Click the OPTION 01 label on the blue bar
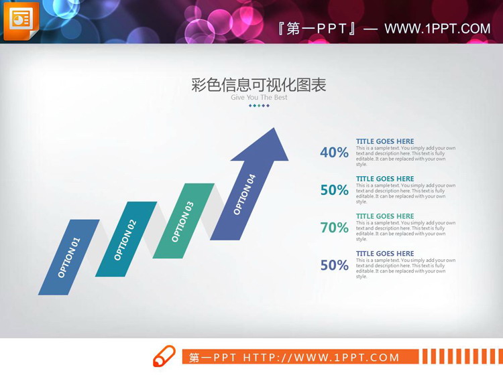pyautogui.click(x=68, y=258)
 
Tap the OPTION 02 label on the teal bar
pyautogui.click(x=125, y=240)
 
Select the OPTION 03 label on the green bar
pyautogui.click(x=182, y=222)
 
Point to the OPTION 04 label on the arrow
pyautogui.click(x=244, y=195)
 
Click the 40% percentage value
pyautogui.click(x=334, y=153)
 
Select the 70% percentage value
pyautogui.click(x=334, y=228)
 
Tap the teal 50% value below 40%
pyautogui.click(x=334, y=190)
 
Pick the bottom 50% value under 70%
pyautogui.click(x=334, y=265)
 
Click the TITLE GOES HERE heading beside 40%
pyautogui.click(x=385, y=141)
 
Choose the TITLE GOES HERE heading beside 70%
pyautogui.click(x=385, y=216)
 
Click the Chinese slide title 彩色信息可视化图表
pyautogui.click(x=259, y=85)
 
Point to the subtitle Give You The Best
pyautogui.click(x=259, y=98)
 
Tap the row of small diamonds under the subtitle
pyautogui.click(x=259, y=106)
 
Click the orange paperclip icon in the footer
pyautogui.click(x=164, y=356)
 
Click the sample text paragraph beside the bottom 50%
pyautogui.click(x=405, y=269)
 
